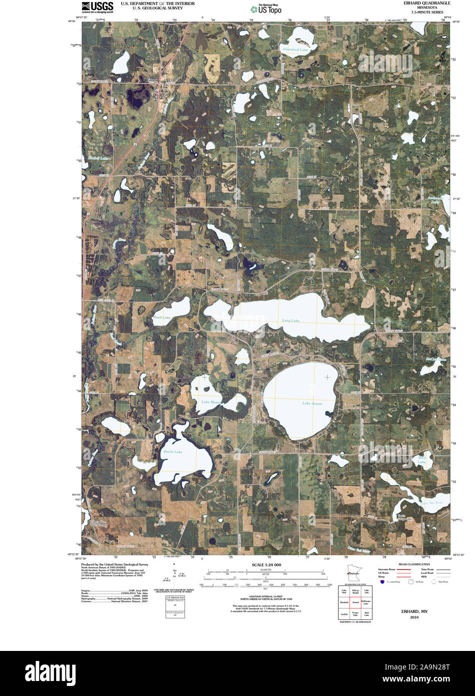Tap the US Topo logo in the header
266,8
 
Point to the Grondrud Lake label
295,50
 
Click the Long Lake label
291,320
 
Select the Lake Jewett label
312,404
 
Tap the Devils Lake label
173,452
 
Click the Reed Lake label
162,317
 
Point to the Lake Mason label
211,402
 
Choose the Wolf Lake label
422,459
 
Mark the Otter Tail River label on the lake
431,502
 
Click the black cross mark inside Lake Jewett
327,377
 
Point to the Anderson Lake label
435,199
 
